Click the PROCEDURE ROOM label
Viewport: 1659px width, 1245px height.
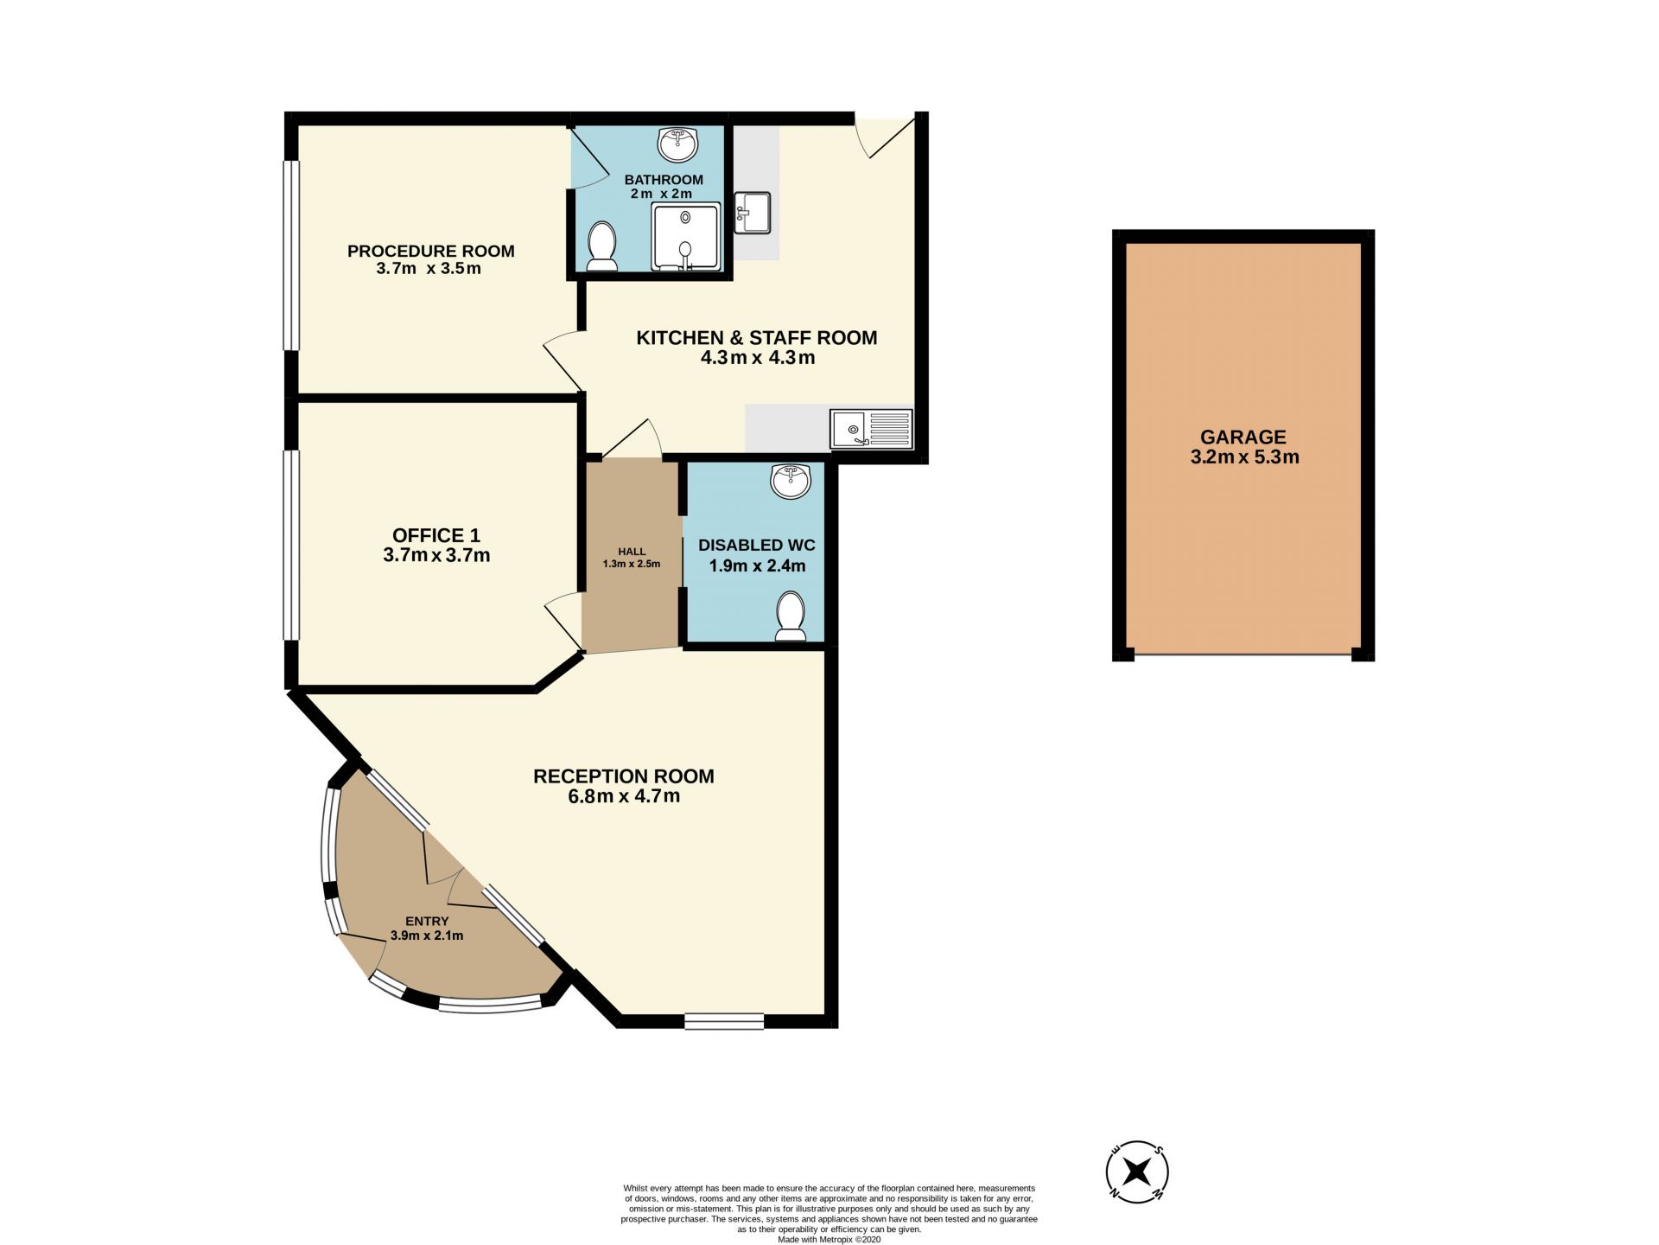(430, 251)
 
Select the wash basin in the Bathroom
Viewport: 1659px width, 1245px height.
(678, 144)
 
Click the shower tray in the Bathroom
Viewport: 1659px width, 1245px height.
(686, 237)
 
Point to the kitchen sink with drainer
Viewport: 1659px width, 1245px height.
(871, 429)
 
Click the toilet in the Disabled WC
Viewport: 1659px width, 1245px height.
(790, 616)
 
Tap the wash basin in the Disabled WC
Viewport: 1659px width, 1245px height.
(791, 482)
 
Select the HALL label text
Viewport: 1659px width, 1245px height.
(632, 552)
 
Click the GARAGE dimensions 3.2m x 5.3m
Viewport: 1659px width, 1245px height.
(1244, 457)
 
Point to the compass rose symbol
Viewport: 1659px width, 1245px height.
(1137, 1172)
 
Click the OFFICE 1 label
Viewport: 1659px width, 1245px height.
(436, 535)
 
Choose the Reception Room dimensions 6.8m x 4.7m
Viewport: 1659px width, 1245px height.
(624, 796)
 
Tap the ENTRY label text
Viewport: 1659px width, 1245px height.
(427, 922)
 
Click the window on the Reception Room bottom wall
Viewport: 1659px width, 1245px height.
(724, 1021)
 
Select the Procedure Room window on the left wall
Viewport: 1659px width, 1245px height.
(292, 256)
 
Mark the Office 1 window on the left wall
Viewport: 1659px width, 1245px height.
(292, 546)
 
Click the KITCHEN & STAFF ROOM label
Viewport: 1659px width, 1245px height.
(757, 338)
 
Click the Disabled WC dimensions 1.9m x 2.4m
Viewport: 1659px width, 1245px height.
(758, 566)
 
